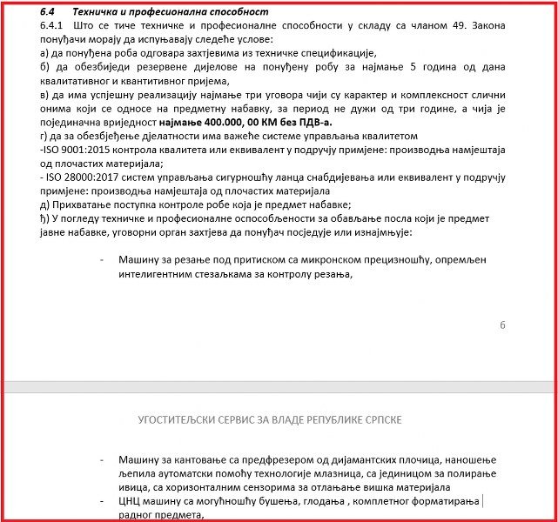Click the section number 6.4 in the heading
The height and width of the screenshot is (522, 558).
(x=50, y=12)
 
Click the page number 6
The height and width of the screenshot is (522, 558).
(x=502, y=325)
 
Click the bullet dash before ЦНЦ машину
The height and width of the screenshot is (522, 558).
(x=104, y=501)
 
